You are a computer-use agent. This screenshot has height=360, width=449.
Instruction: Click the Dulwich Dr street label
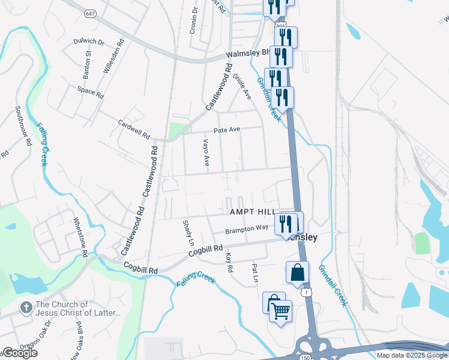(89, 42)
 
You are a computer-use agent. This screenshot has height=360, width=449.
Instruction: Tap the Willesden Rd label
(113, 56)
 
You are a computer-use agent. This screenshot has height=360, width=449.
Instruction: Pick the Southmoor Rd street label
(23, 127)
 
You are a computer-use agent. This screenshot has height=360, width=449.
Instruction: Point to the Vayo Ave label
(205, 152)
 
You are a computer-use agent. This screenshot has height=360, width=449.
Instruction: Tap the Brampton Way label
(247, 229)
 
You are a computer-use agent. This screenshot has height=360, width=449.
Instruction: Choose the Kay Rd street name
(229, 262)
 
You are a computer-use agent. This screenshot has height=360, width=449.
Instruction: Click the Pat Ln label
(255, 274)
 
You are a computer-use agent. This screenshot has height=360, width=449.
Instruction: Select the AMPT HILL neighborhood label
(252, 212)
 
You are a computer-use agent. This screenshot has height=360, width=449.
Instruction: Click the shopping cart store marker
(280, 311)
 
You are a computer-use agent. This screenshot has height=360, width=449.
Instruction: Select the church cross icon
(26, 308)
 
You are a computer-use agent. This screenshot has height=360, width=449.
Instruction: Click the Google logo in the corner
(19, 353)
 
